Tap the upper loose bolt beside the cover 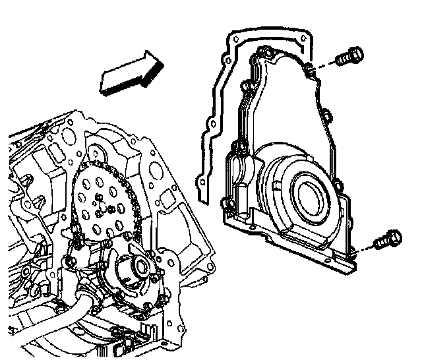[347, 57]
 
